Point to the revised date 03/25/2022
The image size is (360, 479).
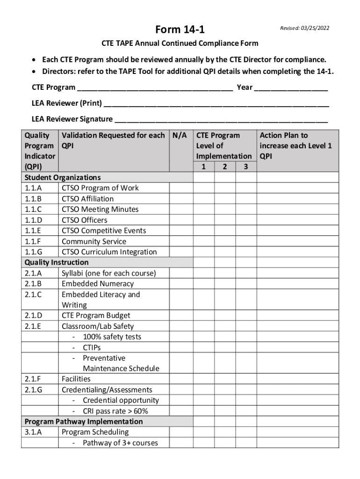click(x=304, y=28)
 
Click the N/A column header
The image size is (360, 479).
click(x=180, y=136)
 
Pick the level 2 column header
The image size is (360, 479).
click(x=225, y=167)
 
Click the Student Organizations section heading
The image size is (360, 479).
click(x=62, y=177)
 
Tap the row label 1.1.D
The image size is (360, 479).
click(x=33, y=220)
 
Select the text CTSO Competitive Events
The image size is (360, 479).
click(x=104, y=231)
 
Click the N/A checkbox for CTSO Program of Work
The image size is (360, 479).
click(x=180, y=188)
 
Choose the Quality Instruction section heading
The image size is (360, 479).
click(x=56, y=262)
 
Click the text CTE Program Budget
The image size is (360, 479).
click(x=96, y=316)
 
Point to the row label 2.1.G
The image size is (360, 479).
click(x=33, y=390)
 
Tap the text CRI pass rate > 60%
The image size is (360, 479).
click(x=115, y=411)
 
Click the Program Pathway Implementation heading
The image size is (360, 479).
click(x=84, y=421)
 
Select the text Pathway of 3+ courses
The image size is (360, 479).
click(x=120, y=443)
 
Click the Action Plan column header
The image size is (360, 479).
click(x=295, y=145)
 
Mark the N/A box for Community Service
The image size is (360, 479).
click(x=180, y=241)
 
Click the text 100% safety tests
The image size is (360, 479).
click(x=112, y=337)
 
